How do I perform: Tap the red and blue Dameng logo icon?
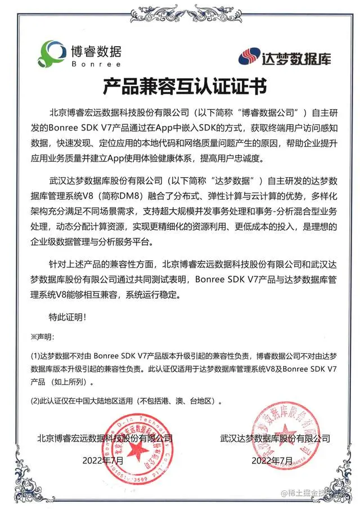pos(249,56)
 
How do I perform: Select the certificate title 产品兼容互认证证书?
pos(180,87)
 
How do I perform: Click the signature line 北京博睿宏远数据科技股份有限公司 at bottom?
pos(105,438)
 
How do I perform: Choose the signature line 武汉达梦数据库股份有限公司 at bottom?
pos(275,438)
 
